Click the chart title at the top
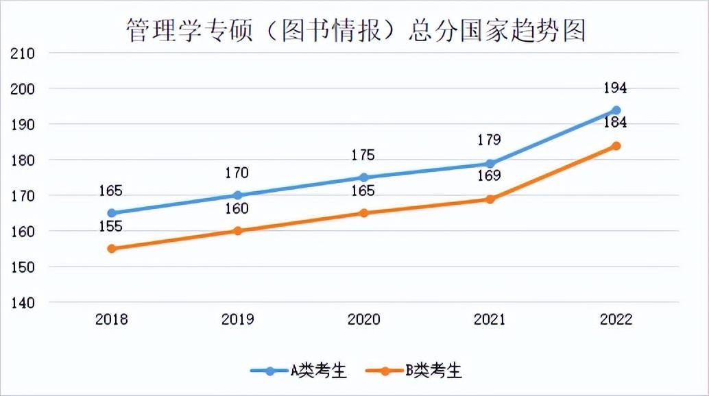coord(354,30)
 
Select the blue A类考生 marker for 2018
coord(112,213)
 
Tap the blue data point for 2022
coord(616,110)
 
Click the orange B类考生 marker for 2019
coord(238,231)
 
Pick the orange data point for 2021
coord(490,199)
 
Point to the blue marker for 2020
coord(364,177)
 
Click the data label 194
coord(615,88)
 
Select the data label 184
coord(615,123)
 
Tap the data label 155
coord(110,227)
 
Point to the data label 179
coord(489,140)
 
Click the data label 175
coord(363,155)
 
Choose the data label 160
coord(237,209)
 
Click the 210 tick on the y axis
coord(23,53)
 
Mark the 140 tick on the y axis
coord(23,302)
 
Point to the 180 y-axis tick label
coord(23,160)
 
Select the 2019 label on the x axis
coord(238,319)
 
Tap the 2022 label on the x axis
coord(616,319)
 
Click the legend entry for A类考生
coord(299,371)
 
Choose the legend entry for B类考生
coord(414,371)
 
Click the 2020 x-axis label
coord(364,319)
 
